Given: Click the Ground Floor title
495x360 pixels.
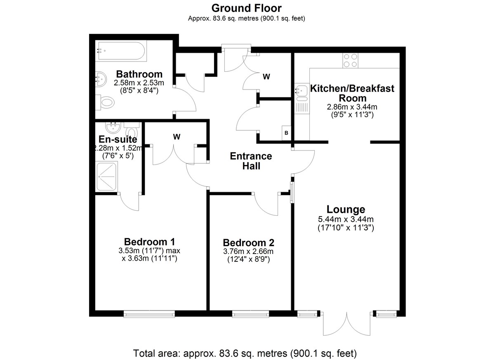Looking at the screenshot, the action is click(x=246, y=8).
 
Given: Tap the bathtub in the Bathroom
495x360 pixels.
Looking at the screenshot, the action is click(x=121, y=51).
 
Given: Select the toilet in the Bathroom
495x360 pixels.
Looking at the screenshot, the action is click(x=105, y=103).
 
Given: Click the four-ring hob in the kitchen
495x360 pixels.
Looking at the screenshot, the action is click(x=351, y=61).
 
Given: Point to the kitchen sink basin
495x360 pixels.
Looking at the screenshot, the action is click(x=302, y=91).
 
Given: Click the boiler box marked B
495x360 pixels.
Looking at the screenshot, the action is click(x=286, y=133).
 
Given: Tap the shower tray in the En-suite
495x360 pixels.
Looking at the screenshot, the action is click(x=106, y=176).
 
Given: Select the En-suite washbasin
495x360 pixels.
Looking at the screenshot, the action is click(x=113, y=128).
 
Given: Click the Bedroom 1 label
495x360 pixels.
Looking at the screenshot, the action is click(x=150, y=242).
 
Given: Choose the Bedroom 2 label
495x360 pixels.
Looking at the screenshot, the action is click(x=249, y=243).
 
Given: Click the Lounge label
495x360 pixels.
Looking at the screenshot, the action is click(x=346, y=209).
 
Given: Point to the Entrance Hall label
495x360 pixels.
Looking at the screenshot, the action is click(x=251, y=161).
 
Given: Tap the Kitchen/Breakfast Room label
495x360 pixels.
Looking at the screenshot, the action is click(x=352, y=93).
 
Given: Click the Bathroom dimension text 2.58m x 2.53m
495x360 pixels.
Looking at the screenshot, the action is click(x=139, y=83).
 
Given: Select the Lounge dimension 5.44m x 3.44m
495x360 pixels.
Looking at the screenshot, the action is click(x=346, y=219).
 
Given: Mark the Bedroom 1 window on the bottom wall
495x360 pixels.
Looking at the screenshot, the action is click(x=149, y=314).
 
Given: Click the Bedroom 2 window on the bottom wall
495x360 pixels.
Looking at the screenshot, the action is click(x=251, y=314).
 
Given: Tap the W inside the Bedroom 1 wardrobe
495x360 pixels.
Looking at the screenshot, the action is click(x=177, y=137).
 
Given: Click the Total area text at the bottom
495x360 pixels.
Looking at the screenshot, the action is click(x=245, y=353).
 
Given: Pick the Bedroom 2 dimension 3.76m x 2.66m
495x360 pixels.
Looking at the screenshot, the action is click(x=248, y=251).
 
